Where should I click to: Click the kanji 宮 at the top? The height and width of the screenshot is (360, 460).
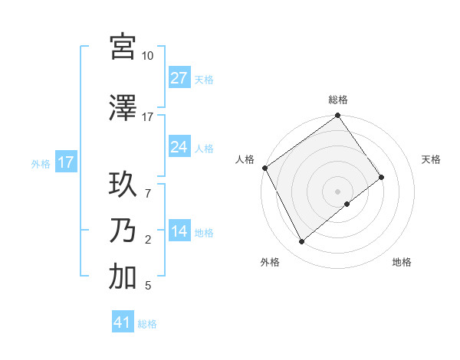click(x=123, y=47)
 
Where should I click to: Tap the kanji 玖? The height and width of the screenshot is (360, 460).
click(x=123, y=186)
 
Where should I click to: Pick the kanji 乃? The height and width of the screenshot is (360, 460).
click(x=123, y=231)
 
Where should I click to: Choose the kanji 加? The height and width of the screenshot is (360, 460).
click(x=123, y=277)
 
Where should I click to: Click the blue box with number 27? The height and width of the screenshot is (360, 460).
click(x=179, y=78)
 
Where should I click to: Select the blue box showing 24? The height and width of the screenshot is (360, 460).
click(x=179, y=147)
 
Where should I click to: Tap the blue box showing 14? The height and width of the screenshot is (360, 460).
click(x=179, y=231)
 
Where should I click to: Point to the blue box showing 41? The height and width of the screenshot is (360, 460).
click(x=123, y=322)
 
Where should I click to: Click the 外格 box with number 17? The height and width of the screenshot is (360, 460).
click(x=65, y=162)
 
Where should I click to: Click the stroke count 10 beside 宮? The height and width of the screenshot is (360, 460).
click(x=147, y=56)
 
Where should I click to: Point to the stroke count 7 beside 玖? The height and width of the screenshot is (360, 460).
click(x=147, y=185)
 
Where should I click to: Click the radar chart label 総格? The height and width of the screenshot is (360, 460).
click(x=338, y=100)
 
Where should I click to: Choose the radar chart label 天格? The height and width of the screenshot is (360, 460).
click(x=431, y=159)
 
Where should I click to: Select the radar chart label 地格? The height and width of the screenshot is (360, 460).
click(x=402, y=262)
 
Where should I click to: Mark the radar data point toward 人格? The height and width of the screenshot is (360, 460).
click(x=264, y=168)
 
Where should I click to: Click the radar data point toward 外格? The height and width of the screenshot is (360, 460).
click(x=301, y=242)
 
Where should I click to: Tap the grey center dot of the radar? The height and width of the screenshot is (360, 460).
click(x=337, y=190)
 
